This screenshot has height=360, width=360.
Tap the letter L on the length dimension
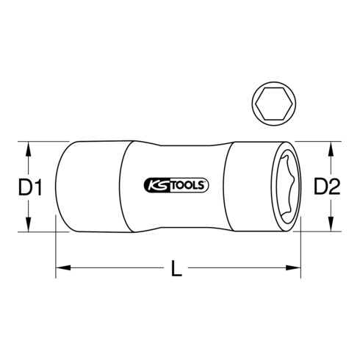point(176,270)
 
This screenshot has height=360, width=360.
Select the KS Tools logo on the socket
point(174,185)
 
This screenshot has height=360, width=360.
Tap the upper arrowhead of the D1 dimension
point(29,147)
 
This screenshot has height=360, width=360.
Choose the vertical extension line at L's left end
point(56,253)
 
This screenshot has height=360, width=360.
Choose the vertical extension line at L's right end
point(301,253)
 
